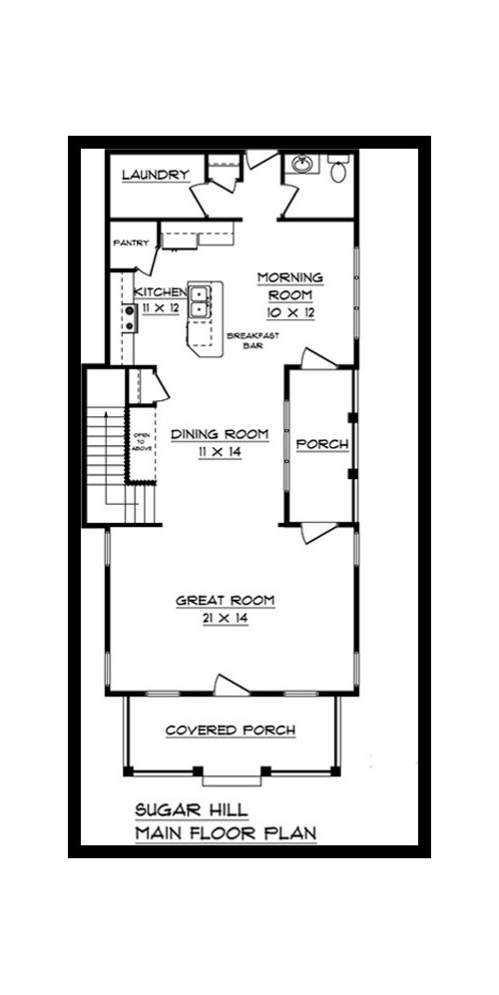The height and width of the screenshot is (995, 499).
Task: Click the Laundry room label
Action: pos(156,175)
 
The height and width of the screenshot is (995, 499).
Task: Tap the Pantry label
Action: pos(131,243)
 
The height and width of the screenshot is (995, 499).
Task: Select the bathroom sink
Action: pos(302,165)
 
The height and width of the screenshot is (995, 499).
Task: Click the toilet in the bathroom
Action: pos(339,167)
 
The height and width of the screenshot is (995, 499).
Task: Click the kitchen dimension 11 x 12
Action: pos(161,308)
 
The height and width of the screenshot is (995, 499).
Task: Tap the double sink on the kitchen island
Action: pos(199,300)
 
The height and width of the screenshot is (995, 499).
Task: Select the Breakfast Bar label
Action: pos(245,340)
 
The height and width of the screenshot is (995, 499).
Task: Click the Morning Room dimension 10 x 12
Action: pos(291,312)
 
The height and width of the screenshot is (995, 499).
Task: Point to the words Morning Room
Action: pos(290,285)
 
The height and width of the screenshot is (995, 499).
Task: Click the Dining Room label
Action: pos(220,434)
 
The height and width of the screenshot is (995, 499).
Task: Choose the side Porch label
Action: pos(323,444)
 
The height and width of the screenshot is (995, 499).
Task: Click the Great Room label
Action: pos(226,600)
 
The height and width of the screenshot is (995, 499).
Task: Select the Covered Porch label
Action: pos(231,731)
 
